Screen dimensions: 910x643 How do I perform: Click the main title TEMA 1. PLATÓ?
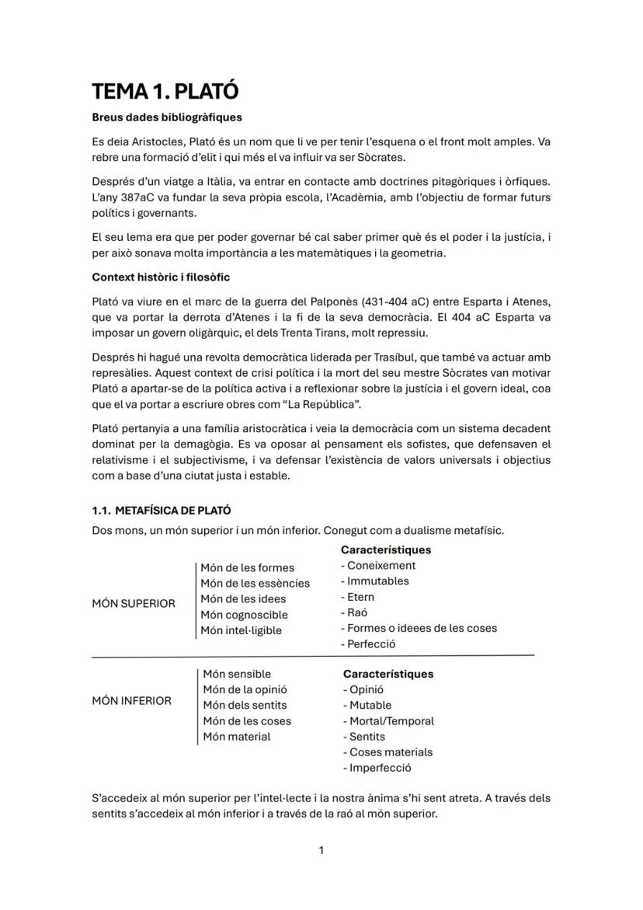tap(165, 92)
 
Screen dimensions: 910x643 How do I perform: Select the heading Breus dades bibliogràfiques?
tap(167, 118)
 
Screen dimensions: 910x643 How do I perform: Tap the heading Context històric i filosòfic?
tap(161, 277)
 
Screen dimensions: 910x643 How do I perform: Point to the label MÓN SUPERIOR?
tap(134, 604)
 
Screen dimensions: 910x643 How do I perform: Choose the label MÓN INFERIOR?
tap(132, 701)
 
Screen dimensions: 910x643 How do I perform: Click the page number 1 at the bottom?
tap(321, 850)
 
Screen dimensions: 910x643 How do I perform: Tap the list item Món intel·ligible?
tap(242, 630)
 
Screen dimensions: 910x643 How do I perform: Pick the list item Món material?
tap(237, 736)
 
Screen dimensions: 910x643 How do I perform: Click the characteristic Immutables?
tap(377, 581)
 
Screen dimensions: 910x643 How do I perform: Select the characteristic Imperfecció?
tap(380, 768)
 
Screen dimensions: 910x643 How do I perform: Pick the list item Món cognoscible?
tap(244, 615)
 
